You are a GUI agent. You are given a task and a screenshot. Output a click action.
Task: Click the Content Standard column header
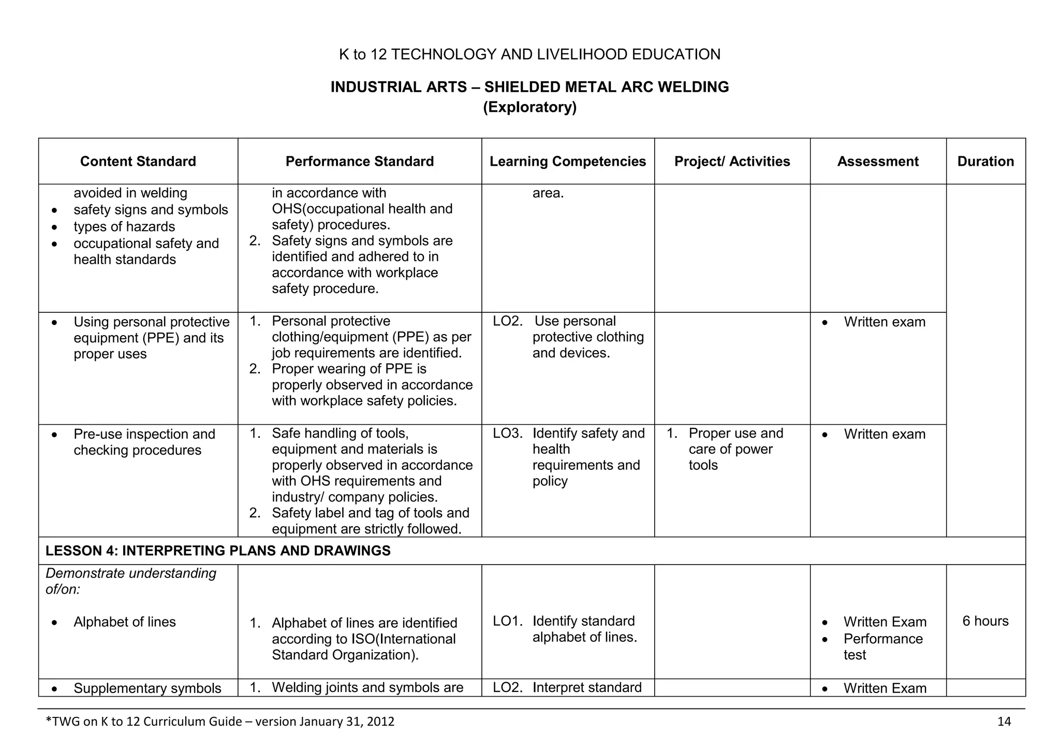[x=138, y=162]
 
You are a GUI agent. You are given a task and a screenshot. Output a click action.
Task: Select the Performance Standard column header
[x=360, y=162]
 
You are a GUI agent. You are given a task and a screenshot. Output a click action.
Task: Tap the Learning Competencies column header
[x=568, y=162]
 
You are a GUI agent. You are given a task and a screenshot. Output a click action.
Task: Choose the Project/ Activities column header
[x=732, y=162]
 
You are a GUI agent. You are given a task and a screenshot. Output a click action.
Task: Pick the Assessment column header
[x=878, y=162]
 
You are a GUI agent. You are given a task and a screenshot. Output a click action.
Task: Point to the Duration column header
[x=985, y=162]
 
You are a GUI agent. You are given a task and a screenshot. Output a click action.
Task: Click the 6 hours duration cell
[x=985, y=621]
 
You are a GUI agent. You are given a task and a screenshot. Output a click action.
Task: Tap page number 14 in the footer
[x=1004, y=722]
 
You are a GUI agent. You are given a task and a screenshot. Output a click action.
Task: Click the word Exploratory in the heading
[x=529, y=108]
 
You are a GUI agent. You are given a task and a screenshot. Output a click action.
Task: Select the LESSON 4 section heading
[x=218, y=551]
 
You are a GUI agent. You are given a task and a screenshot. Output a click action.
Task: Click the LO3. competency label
[x=507, y=434]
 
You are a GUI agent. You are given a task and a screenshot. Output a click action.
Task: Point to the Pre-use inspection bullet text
[x=144, y=442]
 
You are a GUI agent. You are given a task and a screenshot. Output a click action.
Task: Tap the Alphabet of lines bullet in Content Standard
[x=124, y=622]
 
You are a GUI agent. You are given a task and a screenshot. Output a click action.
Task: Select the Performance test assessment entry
[x=883, y=646]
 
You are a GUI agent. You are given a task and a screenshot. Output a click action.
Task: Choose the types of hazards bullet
[x=124, y=227]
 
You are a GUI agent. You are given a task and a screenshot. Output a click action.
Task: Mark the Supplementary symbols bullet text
[x=148, y=688]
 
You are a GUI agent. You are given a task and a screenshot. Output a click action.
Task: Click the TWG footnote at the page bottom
[x=220, y=722]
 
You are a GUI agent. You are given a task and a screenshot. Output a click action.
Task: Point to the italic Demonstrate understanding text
[x=131, y=581]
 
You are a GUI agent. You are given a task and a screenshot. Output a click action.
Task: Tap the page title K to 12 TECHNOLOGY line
[x=529, y=54]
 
